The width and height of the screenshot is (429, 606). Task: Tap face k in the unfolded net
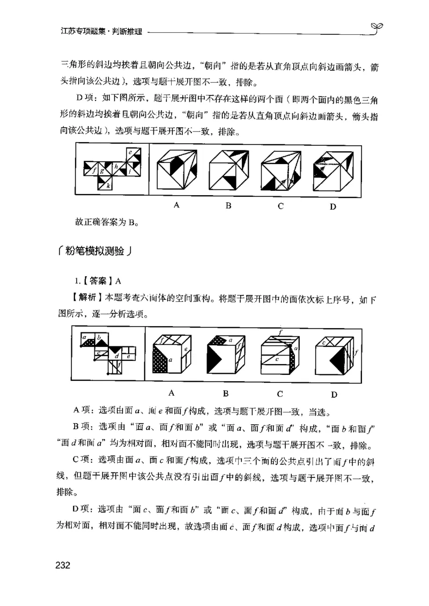point(107,184)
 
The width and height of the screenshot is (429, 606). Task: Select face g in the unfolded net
point(102,171)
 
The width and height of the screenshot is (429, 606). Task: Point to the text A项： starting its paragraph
point(84,411)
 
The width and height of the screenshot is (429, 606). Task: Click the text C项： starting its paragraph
point(84,460)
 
